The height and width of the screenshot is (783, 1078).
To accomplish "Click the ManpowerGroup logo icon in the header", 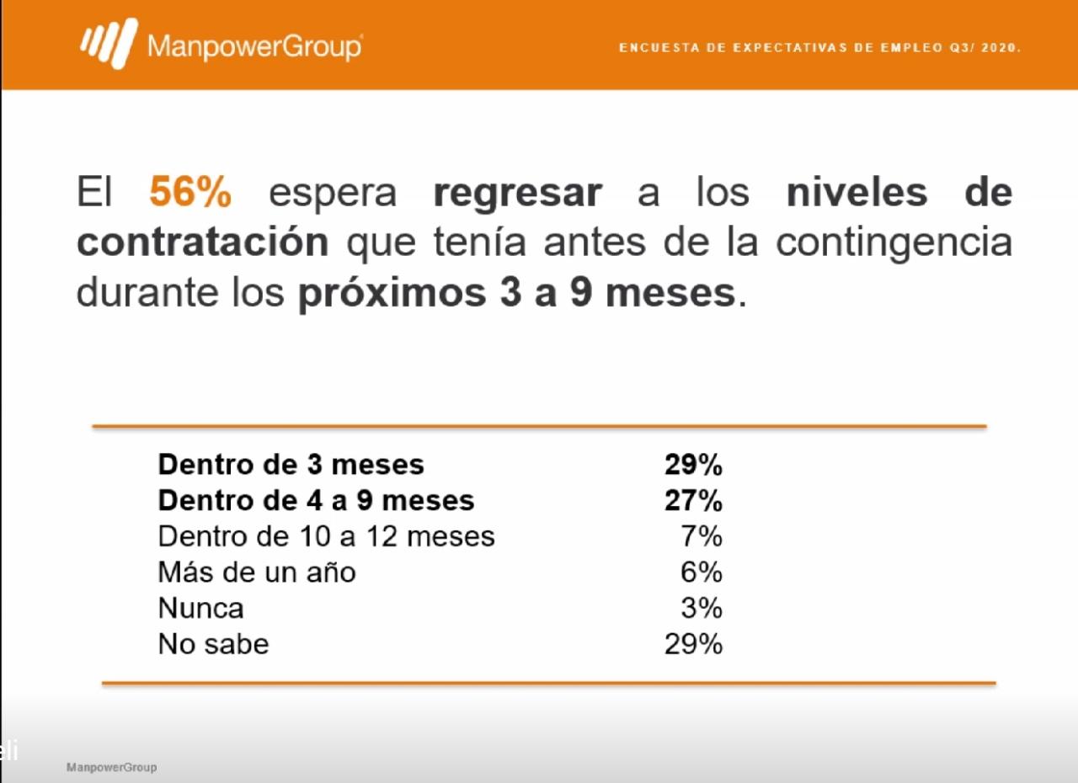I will coord(109,43).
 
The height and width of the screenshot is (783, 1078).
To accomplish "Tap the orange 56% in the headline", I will coord(190,193).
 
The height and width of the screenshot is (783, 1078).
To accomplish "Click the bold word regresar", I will coord(518,193).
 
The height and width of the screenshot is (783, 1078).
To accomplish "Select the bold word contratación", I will coord(202,242).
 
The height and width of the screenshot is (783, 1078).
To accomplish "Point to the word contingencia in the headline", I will coord(894,242).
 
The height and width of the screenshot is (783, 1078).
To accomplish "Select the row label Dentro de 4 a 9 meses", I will coord(316,500).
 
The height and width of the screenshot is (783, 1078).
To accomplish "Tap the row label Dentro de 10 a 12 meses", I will coord(326,536).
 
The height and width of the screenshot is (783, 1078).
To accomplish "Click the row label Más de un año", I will coord(257,573).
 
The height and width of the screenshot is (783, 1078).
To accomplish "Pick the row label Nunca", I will coord(200,608).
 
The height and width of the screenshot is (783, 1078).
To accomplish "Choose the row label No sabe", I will coord(213,644).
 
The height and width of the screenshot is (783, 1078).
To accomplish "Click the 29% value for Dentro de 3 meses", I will coord(693,464).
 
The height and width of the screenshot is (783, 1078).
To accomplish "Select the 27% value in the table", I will coord(693,500).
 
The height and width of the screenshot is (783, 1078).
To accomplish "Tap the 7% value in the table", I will coord(702,536).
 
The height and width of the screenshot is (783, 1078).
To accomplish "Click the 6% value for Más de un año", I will coord(702,573).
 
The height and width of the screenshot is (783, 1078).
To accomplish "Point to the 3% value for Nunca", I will coord(702,608).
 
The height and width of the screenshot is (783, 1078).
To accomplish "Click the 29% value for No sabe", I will coord(693,644).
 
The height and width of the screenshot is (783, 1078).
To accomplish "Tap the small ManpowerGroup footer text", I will coord(111,768).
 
